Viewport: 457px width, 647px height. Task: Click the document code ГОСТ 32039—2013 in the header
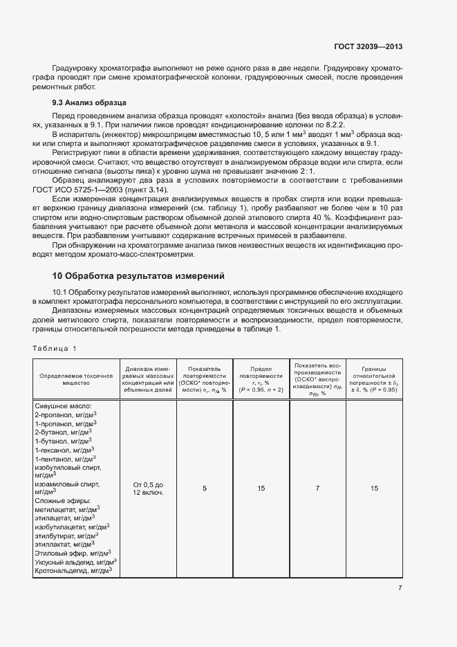[367, 47]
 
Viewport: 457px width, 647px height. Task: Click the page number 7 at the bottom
[400, 588]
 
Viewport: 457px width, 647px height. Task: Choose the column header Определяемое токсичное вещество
[76, 379]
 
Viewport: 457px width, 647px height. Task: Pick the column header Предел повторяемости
[261, 379]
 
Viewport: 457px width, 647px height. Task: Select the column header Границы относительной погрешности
[373, 379]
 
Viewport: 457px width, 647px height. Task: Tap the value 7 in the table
[317, 489]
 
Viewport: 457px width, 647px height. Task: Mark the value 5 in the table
[204, 489]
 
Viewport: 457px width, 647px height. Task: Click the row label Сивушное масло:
[63, 406]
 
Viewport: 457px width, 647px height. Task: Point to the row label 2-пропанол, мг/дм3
[65, 414]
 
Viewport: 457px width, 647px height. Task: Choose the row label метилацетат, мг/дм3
[65, 509]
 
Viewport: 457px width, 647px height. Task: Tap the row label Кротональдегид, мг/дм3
[73, 570]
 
